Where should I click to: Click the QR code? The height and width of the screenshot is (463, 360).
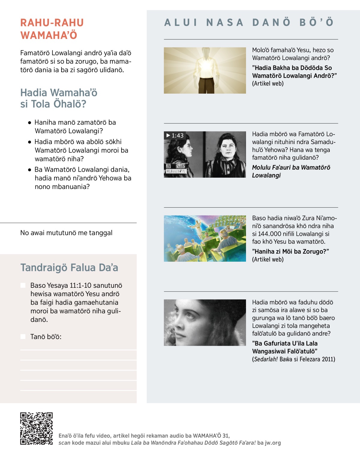(36, 428)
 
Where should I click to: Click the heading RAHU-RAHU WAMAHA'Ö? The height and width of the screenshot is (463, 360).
(52, 29)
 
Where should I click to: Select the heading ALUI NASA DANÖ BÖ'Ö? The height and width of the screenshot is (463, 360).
(249, 23)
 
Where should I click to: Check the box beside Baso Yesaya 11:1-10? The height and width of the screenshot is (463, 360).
(23, 285)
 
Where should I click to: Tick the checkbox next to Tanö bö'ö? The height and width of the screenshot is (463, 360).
(23, 337)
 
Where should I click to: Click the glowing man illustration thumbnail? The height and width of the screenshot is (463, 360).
(205, 70)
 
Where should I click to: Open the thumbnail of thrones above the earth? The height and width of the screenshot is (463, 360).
(205, 238)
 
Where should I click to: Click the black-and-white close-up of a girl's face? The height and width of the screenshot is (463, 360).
(205, 323)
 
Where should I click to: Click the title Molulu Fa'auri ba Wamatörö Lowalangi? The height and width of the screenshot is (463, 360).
(291, 171)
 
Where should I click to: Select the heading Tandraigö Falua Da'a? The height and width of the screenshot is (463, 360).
(69, 268)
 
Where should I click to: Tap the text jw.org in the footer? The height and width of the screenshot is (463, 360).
(273, 443)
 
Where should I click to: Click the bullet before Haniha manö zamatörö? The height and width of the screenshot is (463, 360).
(29, 123)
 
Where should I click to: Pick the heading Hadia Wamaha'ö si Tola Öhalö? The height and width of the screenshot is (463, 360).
(59, 98)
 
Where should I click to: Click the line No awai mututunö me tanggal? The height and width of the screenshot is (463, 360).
(66, 233)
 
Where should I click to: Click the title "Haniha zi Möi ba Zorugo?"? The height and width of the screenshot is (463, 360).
(290, 251)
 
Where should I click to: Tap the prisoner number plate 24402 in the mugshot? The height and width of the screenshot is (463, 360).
(180, 166)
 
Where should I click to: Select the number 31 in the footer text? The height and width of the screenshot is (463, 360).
(226, 436)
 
